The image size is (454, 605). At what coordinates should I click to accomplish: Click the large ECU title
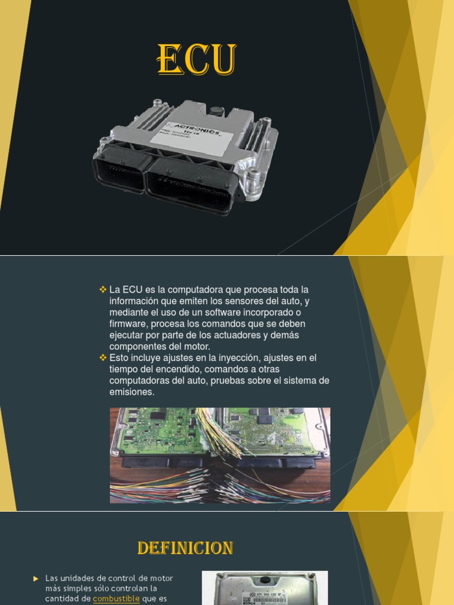(197, 60)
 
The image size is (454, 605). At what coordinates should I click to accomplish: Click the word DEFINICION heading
(185, 548)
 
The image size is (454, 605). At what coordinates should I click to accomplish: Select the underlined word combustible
(116, 599)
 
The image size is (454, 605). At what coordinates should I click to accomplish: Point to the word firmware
(127, 324)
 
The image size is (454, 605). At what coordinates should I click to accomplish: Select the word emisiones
(131, 392)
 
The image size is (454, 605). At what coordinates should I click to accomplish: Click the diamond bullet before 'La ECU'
(103, 290)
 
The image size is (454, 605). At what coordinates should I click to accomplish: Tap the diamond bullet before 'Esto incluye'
(103, 357)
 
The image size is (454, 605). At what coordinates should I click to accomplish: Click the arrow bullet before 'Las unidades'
(36, 578)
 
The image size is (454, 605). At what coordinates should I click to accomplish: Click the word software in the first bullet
(211, 312)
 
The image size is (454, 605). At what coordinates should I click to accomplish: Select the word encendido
(168, 369)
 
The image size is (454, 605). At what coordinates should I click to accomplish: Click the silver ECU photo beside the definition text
(264, 587)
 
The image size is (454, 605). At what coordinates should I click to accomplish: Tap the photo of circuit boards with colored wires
(220, 455)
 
